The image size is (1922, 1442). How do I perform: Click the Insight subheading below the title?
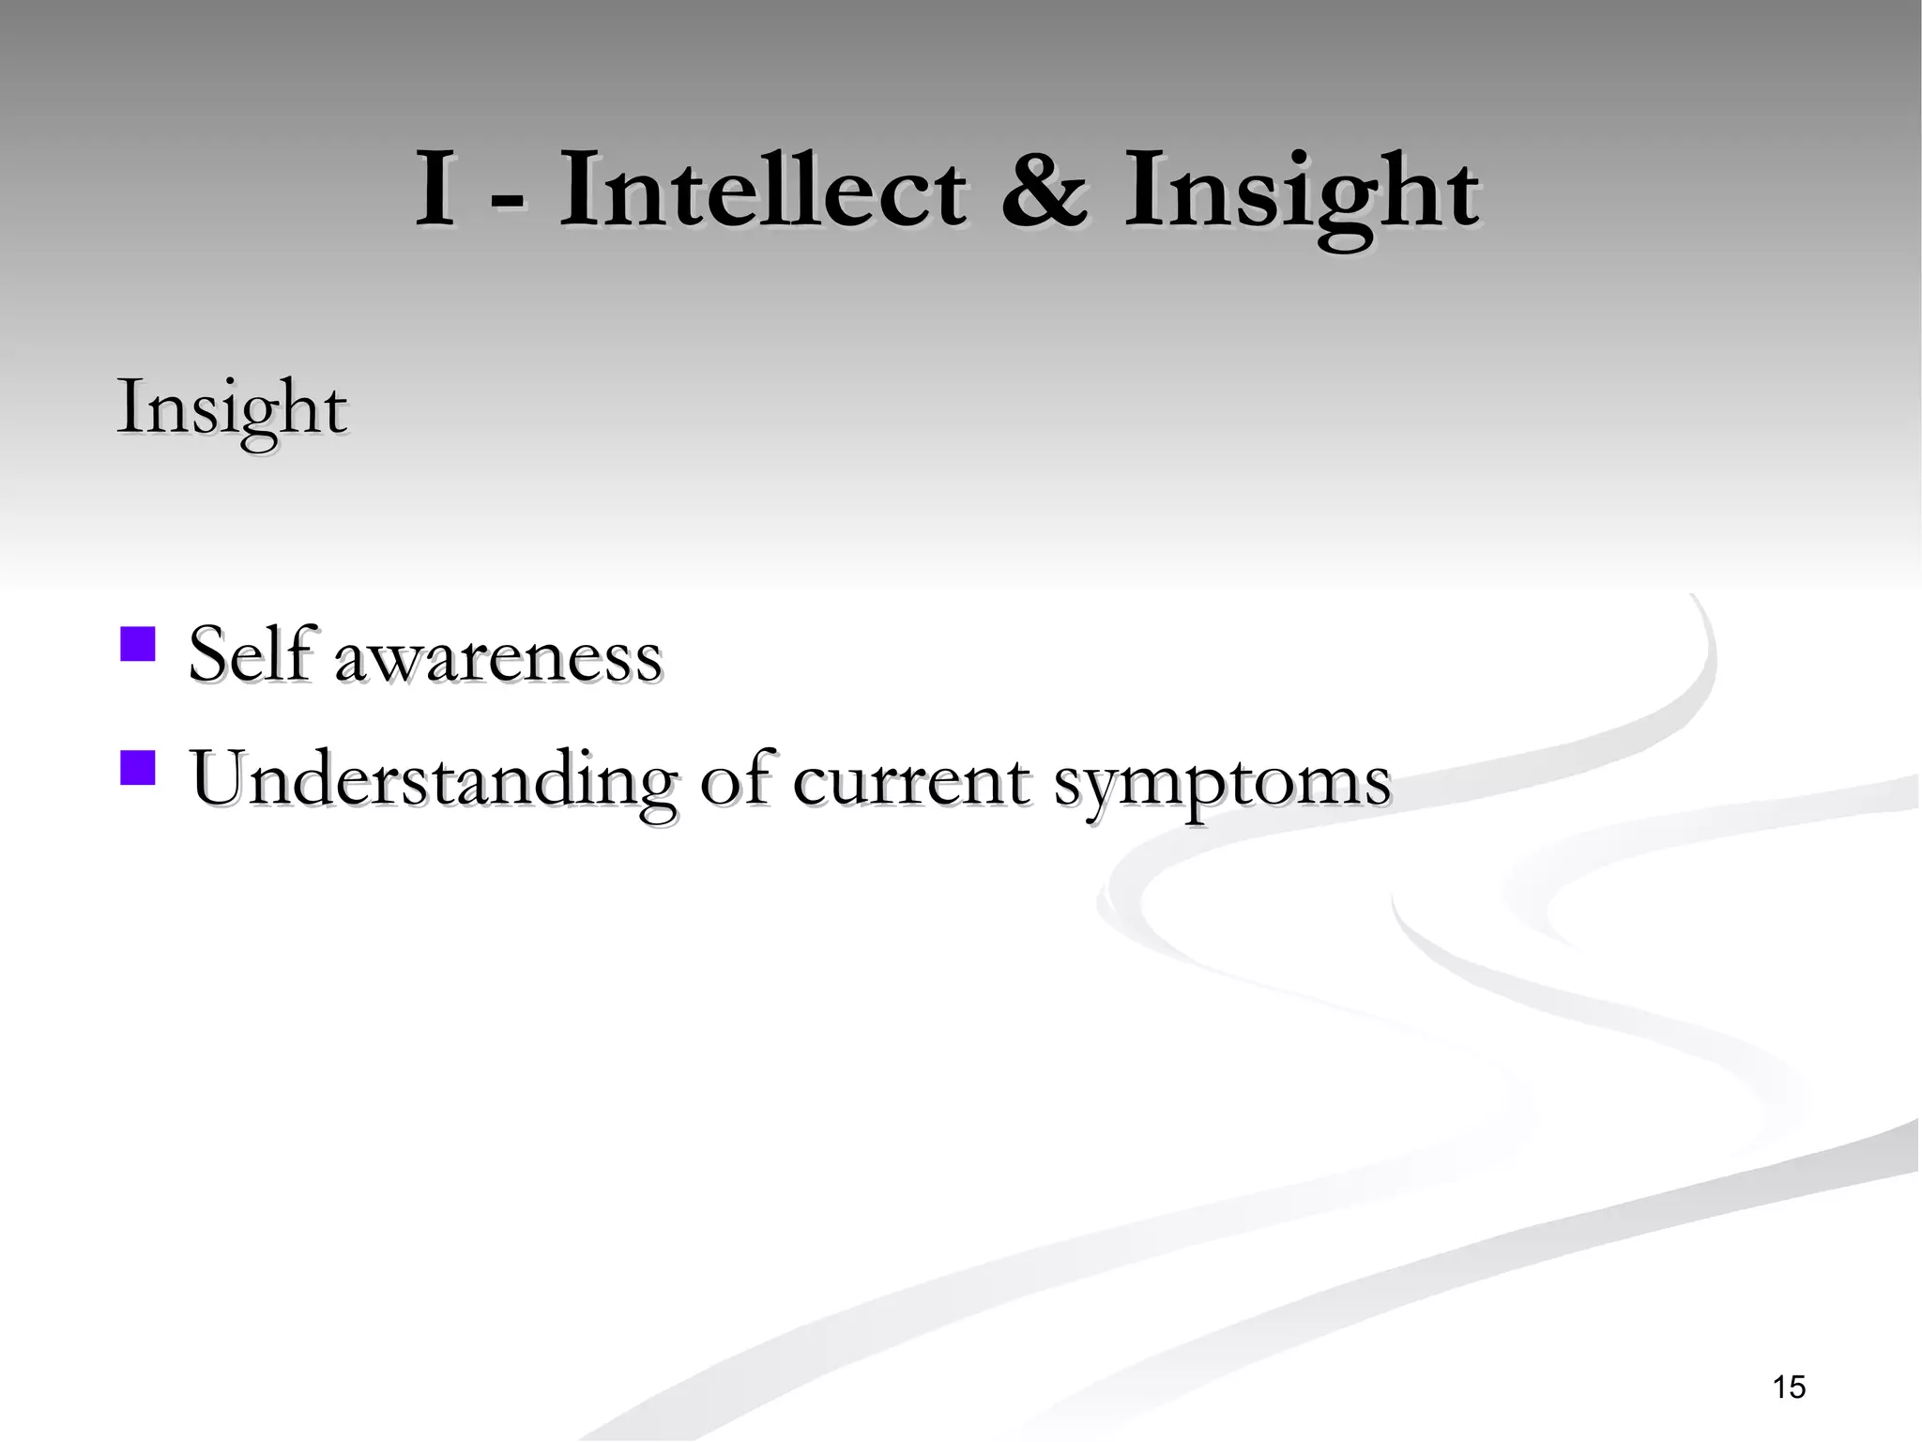[231, 409]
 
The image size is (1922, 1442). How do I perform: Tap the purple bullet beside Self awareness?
[137, 644]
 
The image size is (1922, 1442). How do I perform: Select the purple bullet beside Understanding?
[137, 766]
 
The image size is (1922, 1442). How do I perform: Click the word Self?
[248, 653]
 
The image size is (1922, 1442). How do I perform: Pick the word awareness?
[497, 657]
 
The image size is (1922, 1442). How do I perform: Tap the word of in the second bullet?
[737, 779]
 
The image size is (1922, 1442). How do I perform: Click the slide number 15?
[1789, 1387]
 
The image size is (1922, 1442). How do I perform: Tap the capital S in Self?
[208, 654]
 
